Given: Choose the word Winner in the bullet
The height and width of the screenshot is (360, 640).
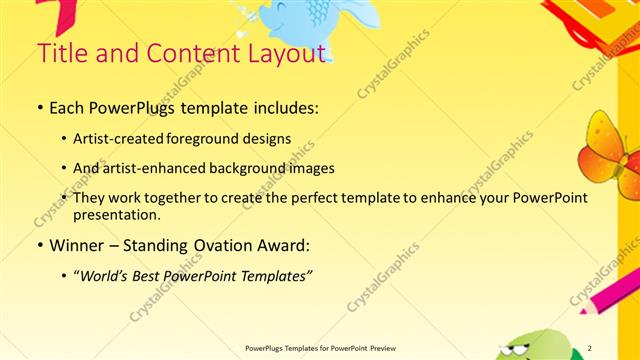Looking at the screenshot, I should point(78,243).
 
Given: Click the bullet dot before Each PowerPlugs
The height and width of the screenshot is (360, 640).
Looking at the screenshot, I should point(39,105).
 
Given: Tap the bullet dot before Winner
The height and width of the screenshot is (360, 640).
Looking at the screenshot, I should point(39,244).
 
